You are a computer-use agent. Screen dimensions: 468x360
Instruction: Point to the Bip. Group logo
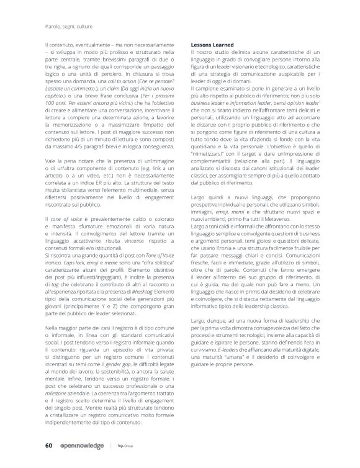click(x=128, y=444)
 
